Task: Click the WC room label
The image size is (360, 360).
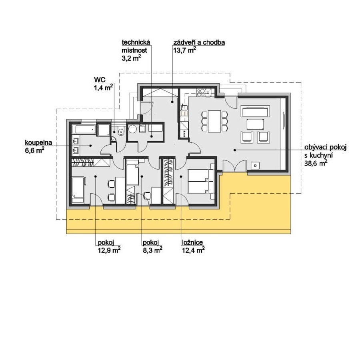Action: pos(100,80)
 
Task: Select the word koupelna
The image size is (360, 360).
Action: pos(38,142)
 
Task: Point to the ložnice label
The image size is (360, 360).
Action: pos(192,242)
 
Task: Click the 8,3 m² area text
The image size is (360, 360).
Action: pos(153,250)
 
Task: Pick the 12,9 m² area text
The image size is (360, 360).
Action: pos(109,250)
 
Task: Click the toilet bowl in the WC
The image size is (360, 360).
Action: pos(120,132)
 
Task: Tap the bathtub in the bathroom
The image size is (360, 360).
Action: pos(84,129)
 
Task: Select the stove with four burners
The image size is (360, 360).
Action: pos(201,92)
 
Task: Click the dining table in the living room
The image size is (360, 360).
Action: pos(214,121)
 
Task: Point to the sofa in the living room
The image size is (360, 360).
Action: pos(255,111)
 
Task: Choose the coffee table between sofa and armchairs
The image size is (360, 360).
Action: pos(255,124)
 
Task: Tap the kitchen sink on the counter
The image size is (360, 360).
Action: pos(184,107)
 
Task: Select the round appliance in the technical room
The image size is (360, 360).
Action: pos(132,129)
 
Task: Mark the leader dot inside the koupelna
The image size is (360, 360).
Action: pos(91,146)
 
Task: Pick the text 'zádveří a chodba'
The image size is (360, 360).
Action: pos(199,42)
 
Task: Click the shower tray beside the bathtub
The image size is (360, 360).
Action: pos(104,130)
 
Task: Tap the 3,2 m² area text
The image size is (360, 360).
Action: pos(131,58)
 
